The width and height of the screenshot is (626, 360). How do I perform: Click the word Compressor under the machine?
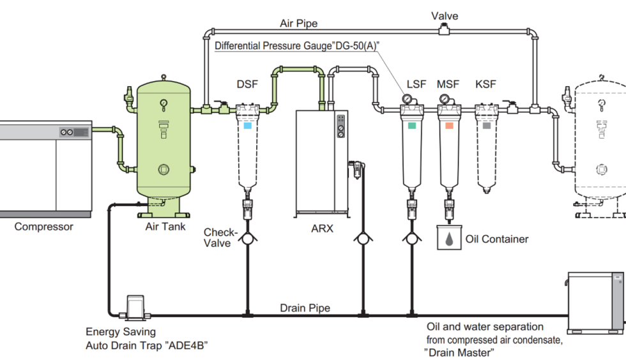click(43, 226)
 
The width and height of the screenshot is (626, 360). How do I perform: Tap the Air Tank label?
click(165, 226)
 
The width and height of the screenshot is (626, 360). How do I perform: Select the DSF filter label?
click(247, 84)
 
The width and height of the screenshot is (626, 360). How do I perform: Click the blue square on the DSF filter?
click(247, 126)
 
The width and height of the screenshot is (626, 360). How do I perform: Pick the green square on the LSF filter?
click(412, 126)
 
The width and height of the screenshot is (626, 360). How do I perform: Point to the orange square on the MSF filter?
click(450, 126)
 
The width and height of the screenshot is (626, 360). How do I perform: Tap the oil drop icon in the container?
click(450, 239)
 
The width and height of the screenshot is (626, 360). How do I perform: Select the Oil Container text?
click(497, 239)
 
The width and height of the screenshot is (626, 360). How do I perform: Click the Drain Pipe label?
click(305, 308)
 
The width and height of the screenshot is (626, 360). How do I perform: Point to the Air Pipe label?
click(298, 24)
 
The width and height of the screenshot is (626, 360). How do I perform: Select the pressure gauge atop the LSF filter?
click(406, 99)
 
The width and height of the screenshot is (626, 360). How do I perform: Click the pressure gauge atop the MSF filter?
click(444, 99)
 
